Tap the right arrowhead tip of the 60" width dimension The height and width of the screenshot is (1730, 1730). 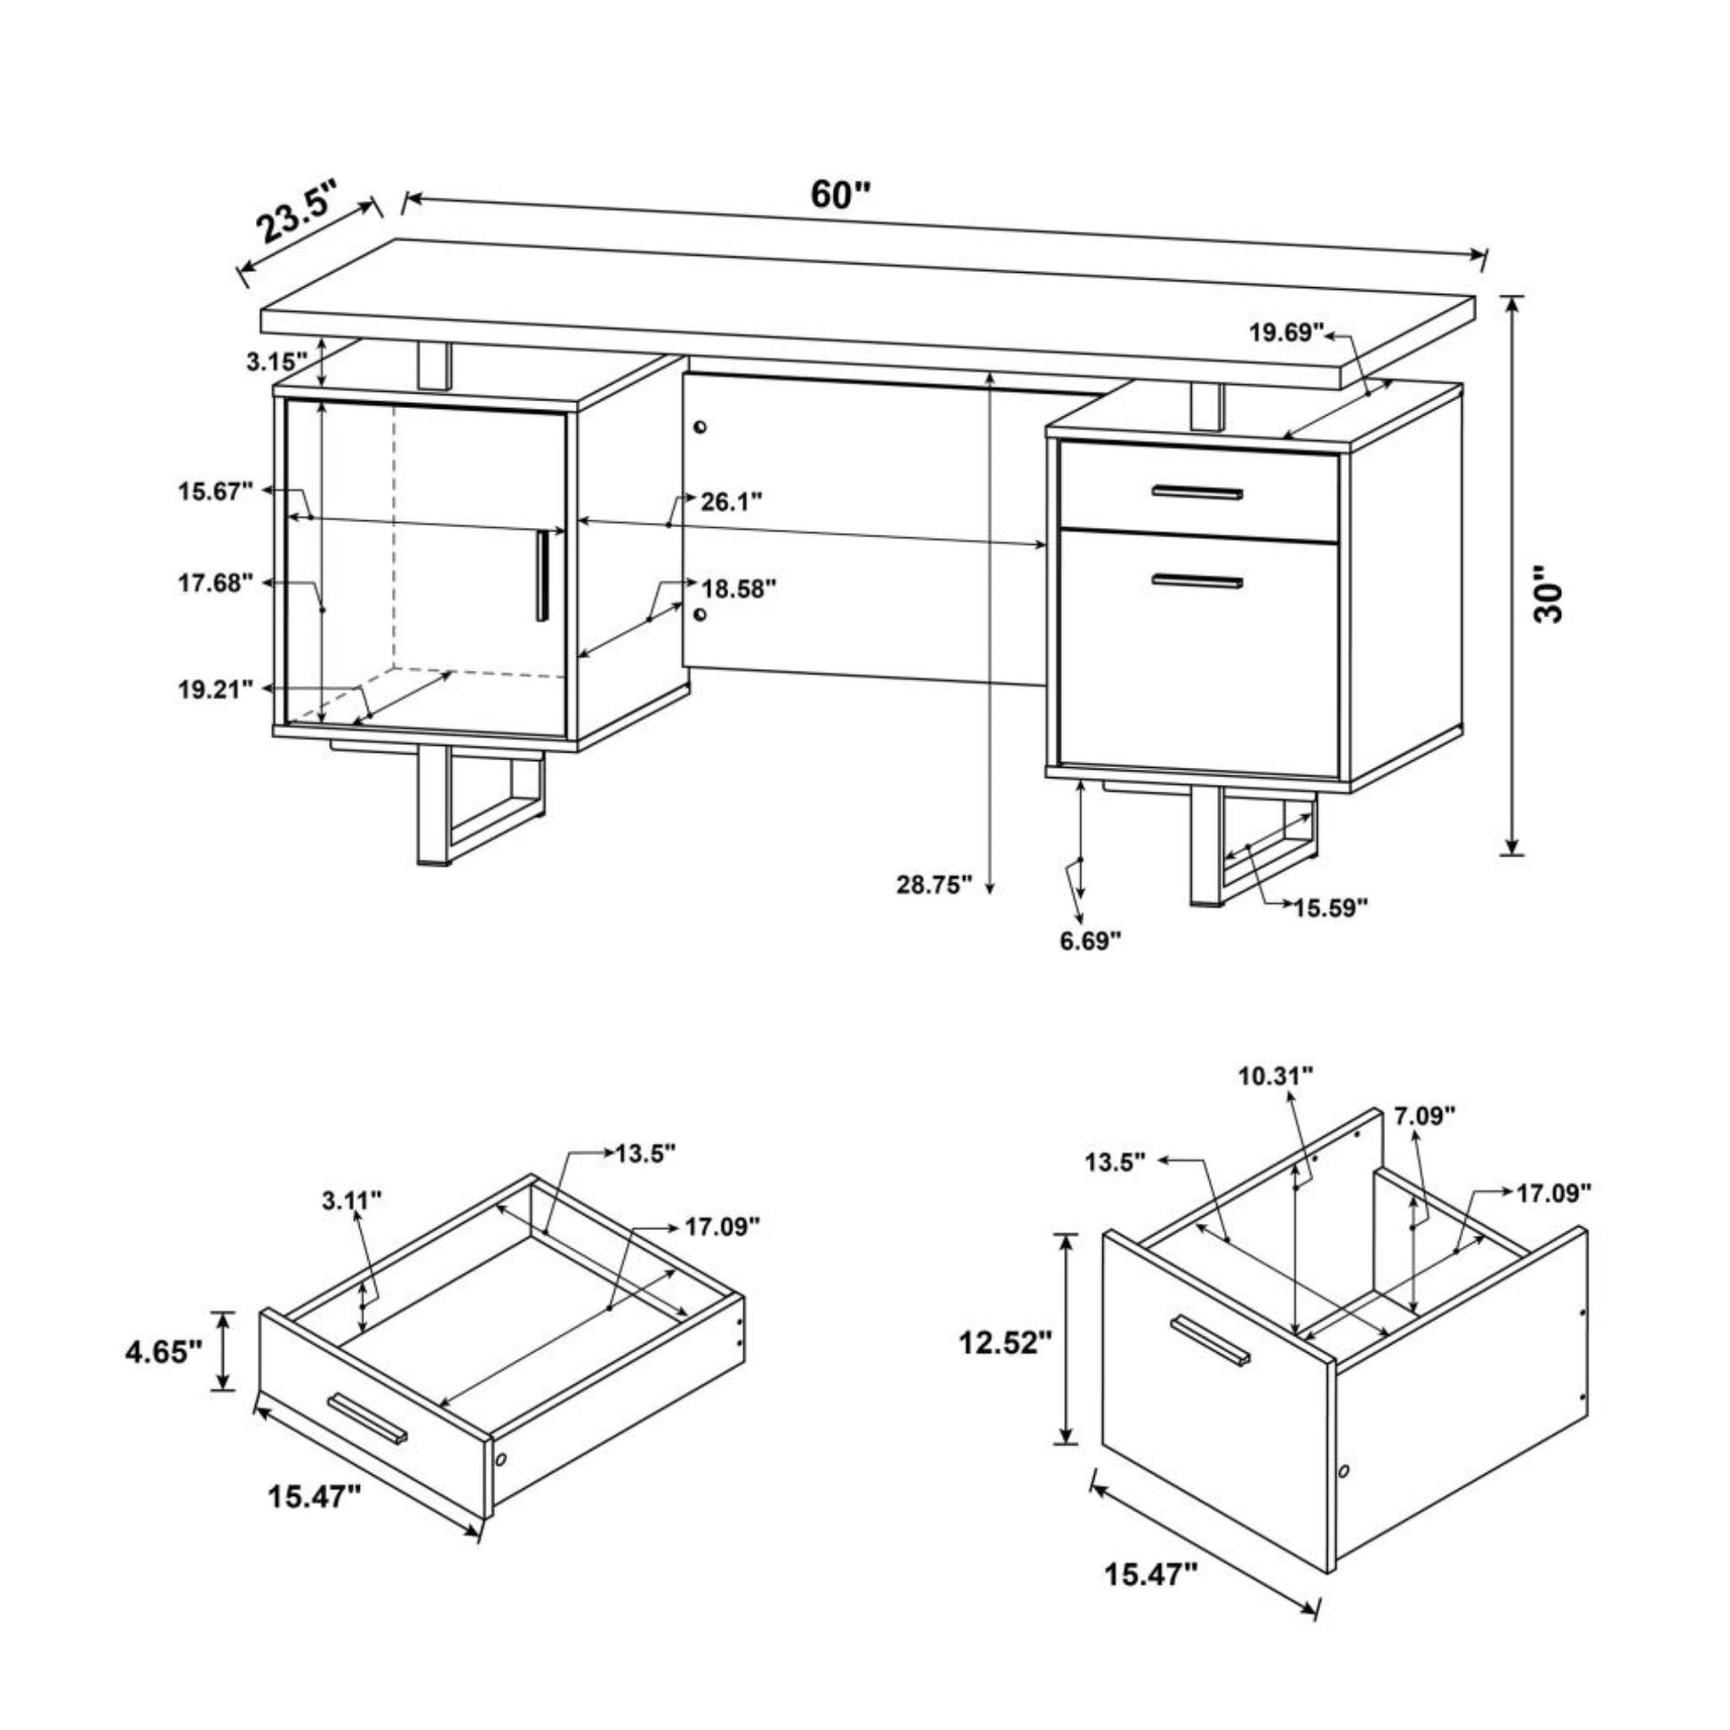pyautogui.click(x=1484, y=258)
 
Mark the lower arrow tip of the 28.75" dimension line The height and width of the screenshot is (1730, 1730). pyautogui.click(x=989, y=893)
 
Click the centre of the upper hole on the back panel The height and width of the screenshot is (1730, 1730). pyautogui.click(x=701, y=427)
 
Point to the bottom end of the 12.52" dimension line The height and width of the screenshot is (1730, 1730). pyautogui.click(x=1066, y=1443)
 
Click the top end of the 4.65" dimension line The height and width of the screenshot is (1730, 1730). pyautogui.click(x=223, y=1313)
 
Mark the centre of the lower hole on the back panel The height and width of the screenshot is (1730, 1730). pyautogui.click(x=701, y=613)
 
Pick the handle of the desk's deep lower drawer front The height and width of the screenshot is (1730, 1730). pyautogui.click(x=1198, y=581)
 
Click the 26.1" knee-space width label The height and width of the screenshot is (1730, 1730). pyautogui.click(x=731, y=501)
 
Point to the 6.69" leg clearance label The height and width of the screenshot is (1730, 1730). pyautogui.click(x=1090, y=941)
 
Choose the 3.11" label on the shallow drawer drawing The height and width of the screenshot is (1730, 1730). pyautogui.click(x=352, y=1201)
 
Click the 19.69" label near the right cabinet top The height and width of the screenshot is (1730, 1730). pyautogui.click(x=1286, y=333)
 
